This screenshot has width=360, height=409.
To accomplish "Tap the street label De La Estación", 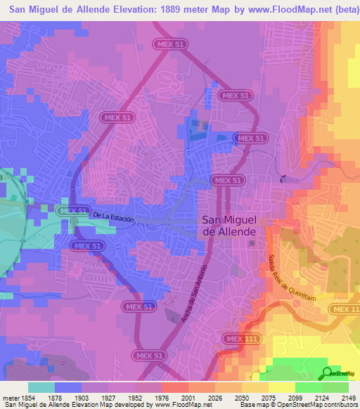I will coord(112,217).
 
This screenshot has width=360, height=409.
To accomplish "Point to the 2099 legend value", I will coord(297,398).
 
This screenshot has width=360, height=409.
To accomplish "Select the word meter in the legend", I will coord(10,398).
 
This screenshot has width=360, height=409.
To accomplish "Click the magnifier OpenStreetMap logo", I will coord(328,373).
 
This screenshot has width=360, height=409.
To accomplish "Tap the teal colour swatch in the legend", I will coord(41,387).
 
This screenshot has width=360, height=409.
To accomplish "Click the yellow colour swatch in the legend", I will coord(281,387).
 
